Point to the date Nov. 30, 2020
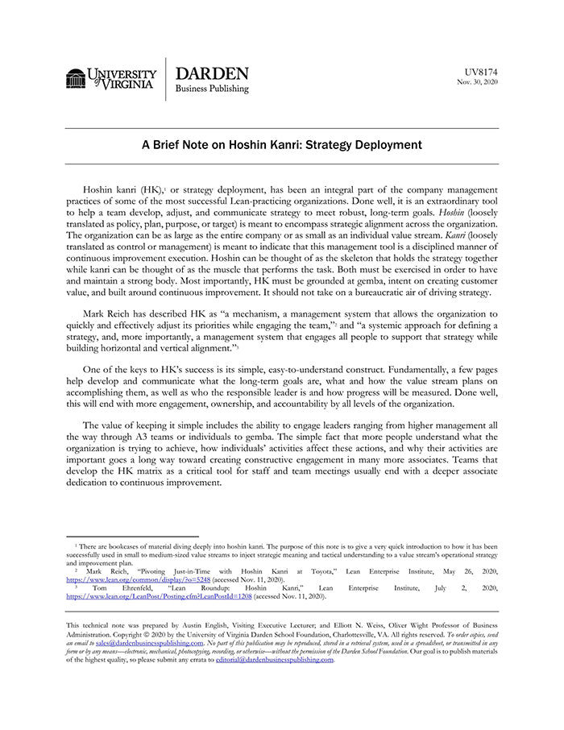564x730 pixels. [x=478, y=81]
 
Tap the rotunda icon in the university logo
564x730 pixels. [x=76, y=78]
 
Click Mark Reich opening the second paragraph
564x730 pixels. [x=107, y=313]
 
